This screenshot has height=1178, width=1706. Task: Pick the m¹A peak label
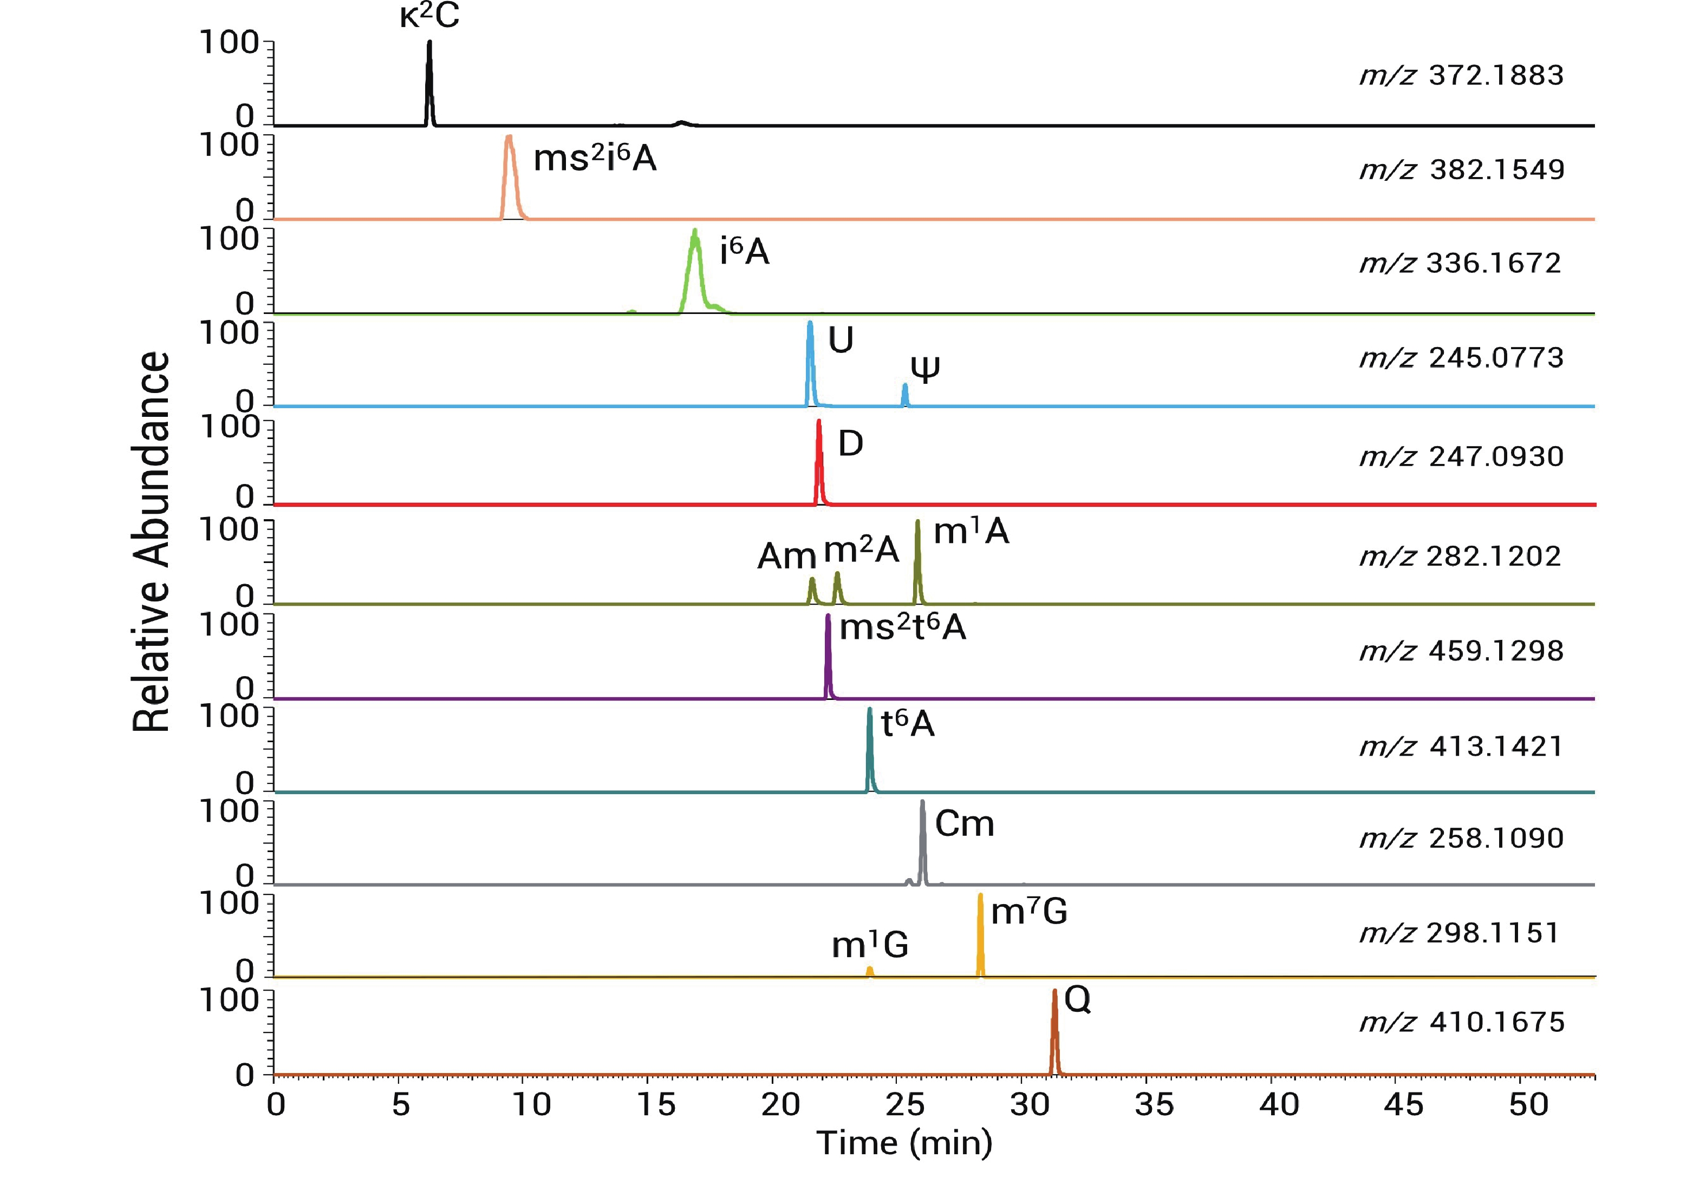(971, 532)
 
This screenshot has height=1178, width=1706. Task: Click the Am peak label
(786, 557)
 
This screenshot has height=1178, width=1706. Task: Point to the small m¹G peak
(870, 971)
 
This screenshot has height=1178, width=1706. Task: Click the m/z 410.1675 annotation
(1462, 1022)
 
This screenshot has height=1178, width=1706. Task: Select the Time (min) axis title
(904, 1143)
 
